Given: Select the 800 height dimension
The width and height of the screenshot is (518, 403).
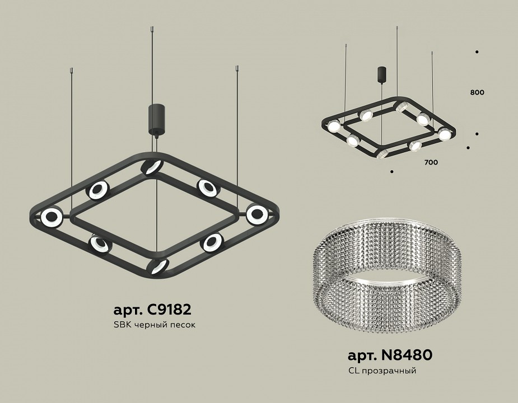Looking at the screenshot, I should pos(477,92).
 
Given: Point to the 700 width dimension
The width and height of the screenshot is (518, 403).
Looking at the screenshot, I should pos(431,162).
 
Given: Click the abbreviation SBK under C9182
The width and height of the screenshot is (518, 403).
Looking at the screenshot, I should pos(120,325).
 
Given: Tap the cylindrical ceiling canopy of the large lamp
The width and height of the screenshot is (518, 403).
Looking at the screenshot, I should pos(155,119).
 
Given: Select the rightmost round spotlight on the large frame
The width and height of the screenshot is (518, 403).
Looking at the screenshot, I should pos(256,213).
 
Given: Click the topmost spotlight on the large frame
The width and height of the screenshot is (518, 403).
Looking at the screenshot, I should pos(151,166).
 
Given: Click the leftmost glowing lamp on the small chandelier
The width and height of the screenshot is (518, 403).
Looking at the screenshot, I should pos(334,126).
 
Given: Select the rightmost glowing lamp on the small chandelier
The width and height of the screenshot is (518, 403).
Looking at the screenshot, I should pos(444,134).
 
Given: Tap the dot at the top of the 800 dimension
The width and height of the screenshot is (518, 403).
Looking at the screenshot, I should pos(477,52).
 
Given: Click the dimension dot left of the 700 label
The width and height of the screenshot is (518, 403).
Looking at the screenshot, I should pos(392,171).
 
